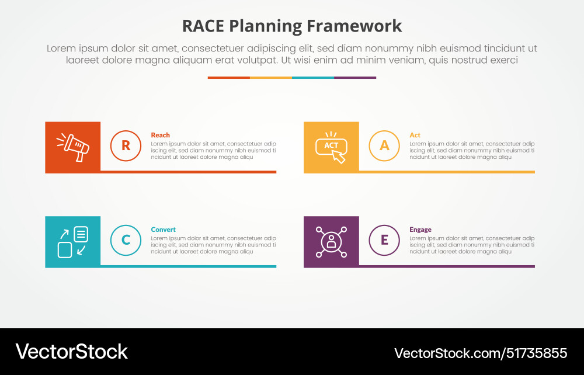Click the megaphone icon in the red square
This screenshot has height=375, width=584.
tap(72, 147)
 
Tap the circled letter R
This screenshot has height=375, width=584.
tap(126, 146)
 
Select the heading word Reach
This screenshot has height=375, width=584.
tap(160, 135)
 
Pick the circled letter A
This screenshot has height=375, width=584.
tap(384, 146)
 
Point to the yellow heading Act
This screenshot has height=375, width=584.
tap(415, 135)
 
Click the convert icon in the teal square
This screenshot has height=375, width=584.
tap(72, 241)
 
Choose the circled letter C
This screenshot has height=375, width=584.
tap(126, 240)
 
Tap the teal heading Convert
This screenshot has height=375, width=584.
tap(163, 230)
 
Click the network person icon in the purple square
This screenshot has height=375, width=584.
tap(331, 241)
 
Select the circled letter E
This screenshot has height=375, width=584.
tap(384, 240)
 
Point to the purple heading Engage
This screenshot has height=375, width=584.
tap(420, 230)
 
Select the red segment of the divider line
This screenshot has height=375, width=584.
tap(228, 78)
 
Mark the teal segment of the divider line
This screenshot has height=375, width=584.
tap(312, 78)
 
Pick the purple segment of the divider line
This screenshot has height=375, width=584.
tap(355, 78)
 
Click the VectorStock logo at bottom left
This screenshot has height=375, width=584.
tap(71, 351)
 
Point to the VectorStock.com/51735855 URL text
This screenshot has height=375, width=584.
tap(481, 353)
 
